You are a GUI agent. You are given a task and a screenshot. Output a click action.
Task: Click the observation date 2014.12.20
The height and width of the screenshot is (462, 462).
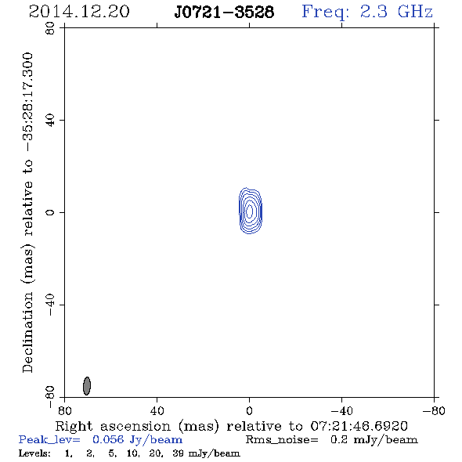click(79, 12)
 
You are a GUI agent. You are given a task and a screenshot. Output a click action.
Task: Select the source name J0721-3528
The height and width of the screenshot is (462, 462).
click(224, 12)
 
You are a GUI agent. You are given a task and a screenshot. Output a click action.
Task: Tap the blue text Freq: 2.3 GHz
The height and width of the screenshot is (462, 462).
click(367, 12)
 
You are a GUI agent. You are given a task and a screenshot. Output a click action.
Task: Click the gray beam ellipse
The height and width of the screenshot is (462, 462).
click(87, 386)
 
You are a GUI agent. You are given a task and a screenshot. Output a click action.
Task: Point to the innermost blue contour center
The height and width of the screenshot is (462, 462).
click(249, 211)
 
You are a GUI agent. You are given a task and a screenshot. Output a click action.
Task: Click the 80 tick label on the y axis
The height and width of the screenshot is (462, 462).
click(50, 28)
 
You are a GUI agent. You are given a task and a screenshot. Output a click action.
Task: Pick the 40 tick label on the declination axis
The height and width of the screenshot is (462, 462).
click(50, 121)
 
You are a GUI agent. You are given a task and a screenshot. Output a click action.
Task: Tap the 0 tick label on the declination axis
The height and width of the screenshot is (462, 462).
click(50, 212)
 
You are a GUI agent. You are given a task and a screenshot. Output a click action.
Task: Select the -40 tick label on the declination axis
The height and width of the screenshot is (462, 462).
click(50, 305)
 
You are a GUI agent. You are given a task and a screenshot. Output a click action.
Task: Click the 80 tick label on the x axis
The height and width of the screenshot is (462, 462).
click(64, 410)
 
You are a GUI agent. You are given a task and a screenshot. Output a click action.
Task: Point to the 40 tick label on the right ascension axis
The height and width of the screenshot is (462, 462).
click(157, 410)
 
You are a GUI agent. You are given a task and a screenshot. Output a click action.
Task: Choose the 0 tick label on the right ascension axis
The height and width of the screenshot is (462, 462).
click(249, 410)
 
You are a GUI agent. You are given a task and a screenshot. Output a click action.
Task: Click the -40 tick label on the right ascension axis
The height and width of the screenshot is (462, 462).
click(341, 410)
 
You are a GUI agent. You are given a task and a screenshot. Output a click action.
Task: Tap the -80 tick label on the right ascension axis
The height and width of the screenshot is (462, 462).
click(433, 410)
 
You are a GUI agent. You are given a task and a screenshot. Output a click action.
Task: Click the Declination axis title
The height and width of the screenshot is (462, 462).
click(27, 212)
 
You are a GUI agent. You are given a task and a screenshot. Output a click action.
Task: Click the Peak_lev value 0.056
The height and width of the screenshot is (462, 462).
click(108, 439)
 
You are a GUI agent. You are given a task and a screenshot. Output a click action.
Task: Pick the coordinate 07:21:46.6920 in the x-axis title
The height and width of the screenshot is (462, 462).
click(359, 426)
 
